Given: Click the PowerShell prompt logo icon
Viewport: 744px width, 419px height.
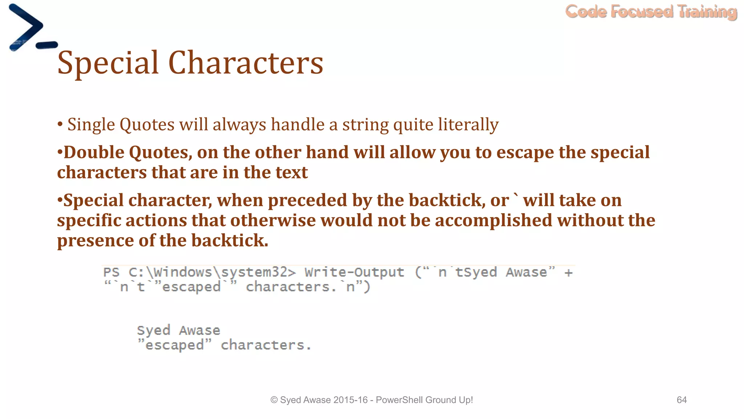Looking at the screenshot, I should (31, 28).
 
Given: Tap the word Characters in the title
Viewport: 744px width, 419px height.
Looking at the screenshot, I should (246, 63).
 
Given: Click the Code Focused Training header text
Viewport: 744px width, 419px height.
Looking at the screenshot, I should (651, 12).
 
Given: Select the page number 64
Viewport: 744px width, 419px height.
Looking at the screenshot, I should (682, 400).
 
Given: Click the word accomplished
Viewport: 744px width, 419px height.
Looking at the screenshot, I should (493, 220).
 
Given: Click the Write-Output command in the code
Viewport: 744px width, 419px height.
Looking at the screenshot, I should (354, 272).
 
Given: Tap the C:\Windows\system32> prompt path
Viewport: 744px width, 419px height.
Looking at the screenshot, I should (212, 272).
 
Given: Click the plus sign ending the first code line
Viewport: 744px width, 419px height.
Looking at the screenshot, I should (569, 272).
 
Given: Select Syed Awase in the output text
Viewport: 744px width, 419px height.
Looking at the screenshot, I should (178, 330).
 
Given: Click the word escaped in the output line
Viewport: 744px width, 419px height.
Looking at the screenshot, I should (174, 345).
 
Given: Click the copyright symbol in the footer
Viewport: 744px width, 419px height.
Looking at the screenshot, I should (274, 400).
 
